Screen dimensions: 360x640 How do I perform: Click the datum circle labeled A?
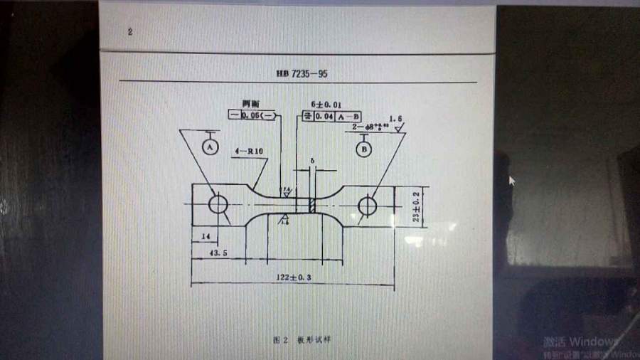pyautogui.click(x=209, y=147)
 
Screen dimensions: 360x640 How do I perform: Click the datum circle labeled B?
pyautogui.click(x=363, y=149)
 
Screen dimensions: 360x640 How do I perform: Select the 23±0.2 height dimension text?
pyautogui.click(x=417, y=206)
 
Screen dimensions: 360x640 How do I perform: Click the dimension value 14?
pyautogui.click(x=205, y=235)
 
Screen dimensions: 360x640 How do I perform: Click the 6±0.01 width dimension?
pyautogui.click(x=326, y=104)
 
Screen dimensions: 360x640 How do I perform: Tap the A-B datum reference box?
pyautogui.click(x=349, y=115)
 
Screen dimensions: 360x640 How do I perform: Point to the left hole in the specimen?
pyautogui.click(x=218, y=205)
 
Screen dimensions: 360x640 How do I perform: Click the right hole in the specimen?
pyautogui.click(x=367, y=206)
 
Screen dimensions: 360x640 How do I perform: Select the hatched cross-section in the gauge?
pyautogui.click(x=311, y=204)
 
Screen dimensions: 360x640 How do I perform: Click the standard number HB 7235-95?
pyautogui.click(x=302, y=73)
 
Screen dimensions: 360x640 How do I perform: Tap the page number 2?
pyautogui.click(x=129, y=32)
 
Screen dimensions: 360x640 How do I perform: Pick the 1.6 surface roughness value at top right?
pyautogui.click(x=395, y=118)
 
